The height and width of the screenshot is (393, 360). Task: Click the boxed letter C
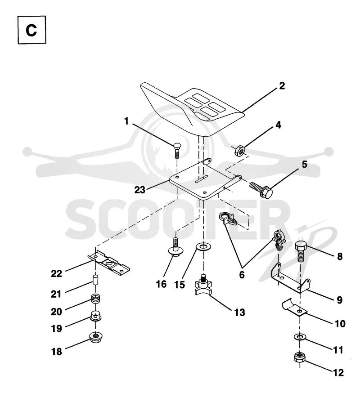pyautogui.click(x=31, y=30)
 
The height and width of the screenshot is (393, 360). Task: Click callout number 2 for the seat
pyautogui.click(x=282, y=86)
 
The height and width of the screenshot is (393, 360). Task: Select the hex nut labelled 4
pyautogui.click(x=239, y=150)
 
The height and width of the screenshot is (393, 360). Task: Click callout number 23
pyautogui.click(x=140, y=190)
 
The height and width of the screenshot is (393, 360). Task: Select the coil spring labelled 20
pyautogui.click(x=95, y=298)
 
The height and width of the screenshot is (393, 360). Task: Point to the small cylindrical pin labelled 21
pyautogui.click(x=95, y=279)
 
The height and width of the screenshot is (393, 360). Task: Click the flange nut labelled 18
pyautogui.click(x=95, y=337)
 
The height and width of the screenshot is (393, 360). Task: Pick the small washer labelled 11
pyautogui.click(x=300, y=337)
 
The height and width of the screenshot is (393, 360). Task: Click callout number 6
pyautogui.click(x=242, y=275)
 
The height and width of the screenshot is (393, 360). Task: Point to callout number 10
pyautogui.click(x=340, y=324)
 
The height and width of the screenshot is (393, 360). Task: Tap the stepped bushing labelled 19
pyautogui.click(x=95, y=316)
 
